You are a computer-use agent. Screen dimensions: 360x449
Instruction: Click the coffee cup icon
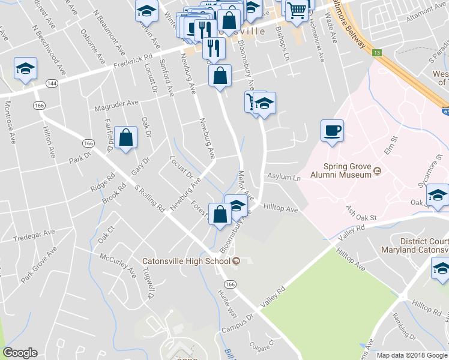coord(332,130)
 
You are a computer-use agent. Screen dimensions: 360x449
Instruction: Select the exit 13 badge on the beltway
coord(376,53)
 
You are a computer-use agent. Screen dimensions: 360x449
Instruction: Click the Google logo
coord(20,353)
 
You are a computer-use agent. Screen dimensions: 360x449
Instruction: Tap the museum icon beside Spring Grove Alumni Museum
coord(378,171)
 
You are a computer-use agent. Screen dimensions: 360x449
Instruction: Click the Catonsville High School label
coord(186,261)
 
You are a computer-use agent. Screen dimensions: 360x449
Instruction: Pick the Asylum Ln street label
coord(284,178)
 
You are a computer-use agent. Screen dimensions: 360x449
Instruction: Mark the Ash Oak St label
coord(361,212)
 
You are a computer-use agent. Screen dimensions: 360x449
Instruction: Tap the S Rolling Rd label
coord(151,200)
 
